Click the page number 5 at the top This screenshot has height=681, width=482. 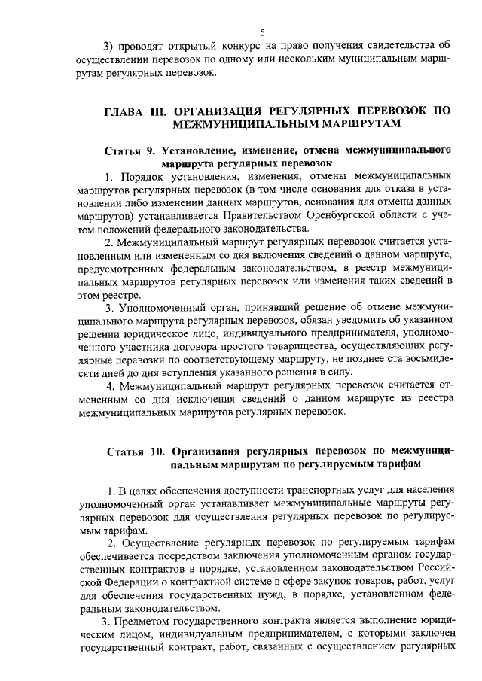pyautogui.click(x=262, y=32)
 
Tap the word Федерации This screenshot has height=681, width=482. pyautogui.click(x=127, y=582)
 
